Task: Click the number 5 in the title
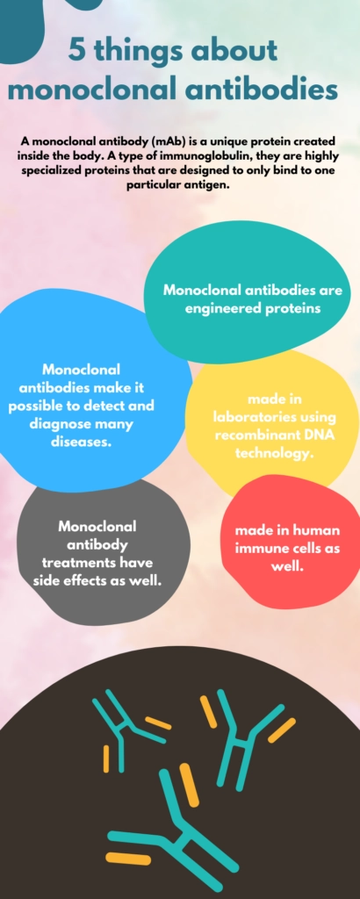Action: point(76,51)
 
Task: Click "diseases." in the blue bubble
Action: point(81,442)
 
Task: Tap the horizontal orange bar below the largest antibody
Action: point(128,859)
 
